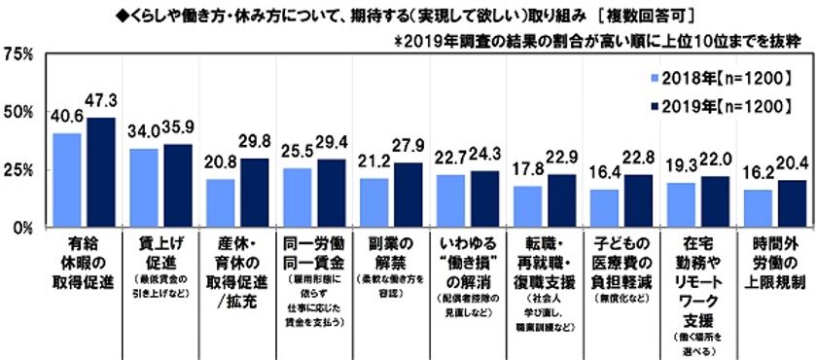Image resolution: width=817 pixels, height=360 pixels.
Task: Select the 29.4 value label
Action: tap(332, 144)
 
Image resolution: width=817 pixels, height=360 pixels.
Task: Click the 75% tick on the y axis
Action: tap(20, 54)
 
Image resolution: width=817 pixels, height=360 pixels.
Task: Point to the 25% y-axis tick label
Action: tap(20, 169)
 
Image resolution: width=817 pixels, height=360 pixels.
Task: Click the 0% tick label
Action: tap(24, 227)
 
